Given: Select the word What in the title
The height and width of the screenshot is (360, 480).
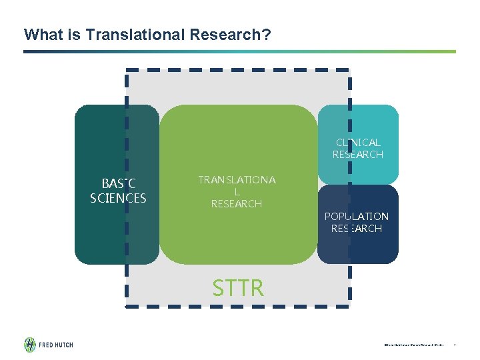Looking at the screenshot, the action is [41, 34].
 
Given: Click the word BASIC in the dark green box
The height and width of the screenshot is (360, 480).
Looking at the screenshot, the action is [118, 184].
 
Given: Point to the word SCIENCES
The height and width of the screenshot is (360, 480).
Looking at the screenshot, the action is [118, 198].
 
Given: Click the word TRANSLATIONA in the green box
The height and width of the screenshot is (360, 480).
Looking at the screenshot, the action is [237, 180].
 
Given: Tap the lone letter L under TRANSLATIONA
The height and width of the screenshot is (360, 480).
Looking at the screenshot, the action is [237, 192].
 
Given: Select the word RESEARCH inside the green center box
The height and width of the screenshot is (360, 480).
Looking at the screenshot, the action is [237, 204].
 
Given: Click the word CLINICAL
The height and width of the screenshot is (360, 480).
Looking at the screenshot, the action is [358, 143].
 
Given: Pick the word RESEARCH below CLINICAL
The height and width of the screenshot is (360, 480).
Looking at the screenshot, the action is [358, 155].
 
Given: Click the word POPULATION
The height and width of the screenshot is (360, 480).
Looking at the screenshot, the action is [356, 217].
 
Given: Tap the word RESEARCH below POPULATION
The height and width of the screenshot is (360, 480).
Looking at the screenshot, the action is [356, 229].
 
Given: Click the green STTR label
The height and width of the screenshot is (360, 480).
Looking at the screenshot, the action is [238, 288].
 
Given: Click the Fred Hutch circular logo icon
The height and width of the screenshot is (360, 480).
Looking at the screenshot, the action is [30, 345].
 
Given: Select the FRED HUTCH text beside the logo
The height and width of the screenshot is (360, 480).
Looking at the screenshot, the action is [56, 345].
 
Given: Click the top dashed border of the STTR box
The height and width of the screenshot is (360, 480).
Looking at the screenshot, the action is [237, 69].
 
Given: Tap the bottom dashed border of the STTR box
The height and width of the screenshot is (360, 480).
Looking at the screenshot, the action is [237, 307].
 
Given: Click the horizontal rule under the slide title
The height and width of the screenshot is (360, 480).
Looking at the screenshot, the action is [240, 51].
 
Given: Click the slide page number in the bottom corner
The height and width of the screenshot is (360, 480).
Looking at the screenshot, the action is [454, 345].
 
